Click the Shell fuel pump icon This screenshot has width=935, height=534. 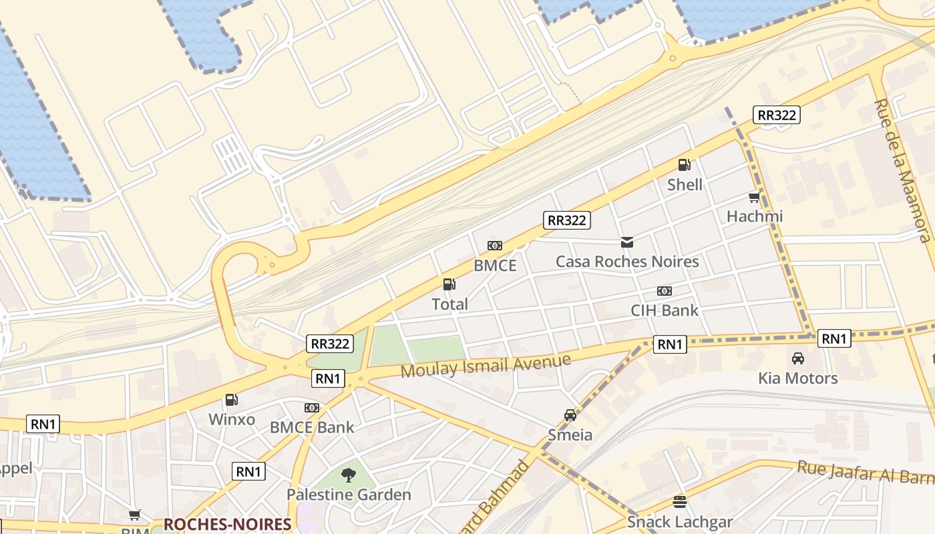tap(684, 165)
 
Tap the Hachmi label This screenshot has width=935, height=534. tap(755, 216)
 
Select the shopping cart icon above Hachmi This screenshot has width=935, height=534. tap(754, 198)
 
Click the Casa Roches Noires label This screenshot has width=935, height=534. tap(627, 262)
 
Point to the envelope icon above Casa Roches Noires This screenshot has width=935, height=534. tap(626, 242)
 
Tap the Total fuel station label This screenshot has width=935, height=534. tap(449, 304)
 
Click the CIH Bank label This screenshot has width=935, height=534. tap(665, 310)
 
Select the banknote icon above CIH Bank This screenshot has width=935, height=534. tap(664, 291)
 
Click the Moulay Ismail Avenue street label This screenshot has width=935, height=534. tap(486, 366)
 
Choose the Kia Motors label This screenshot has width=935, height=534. tap(797, 378)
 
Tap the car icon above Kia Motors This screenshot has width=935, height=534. tap(797, 358)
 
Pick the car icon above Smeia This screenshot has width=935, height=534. tap(570, 415)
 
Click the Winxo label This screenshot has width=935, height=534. tap(232, 420)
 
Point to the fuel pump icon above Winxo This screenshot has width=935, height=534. tap(231, 400)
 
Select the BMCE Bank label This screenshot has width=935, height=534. tap(312, 427)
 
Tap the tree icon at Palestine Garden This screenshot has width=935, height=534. tap(348, 475)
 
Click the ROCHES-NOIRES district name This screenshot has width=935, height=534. tap(227, 524)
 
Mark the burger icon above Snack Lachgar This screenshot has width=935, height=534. tap(679, 502)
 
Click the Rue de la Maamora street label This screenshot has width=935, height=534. tap(902, 170)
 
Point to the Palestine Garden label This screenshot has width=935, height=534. tap(349, 495)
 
